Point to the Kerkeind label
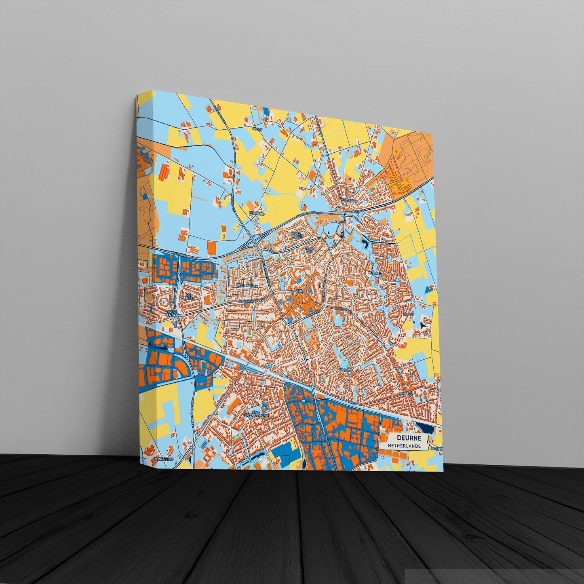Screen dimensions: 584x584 257,213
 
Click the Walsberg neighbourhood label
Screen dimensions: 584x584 347,200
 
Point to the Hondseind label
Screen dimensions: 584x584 155,460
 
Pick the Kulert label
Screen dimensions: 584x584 407,314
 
